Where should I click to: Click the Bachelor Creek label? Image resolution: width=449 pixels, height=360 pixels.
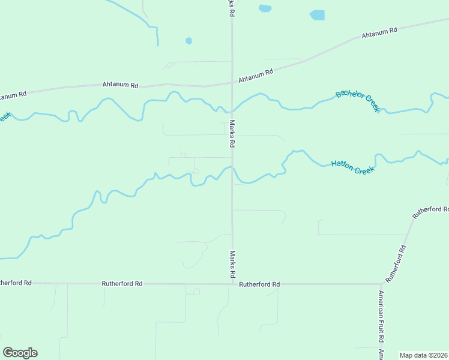(x=358, y=100)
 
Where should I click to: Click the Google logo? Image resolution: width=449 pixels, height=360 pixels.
(x=20, y=353)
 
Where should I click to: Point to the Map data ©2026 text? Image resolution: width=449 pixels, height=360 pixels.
(x=424, y=355)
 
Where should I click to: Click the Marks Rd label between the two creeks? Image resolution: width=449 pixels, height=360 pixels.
(x=232, y=134)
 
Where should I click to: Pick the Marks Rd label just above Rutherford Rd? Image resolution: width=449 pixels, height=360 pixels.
(x=232, y=264)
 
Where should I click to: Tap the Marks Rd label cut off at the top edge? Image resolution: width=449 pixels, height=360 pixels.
(x=231, y=8)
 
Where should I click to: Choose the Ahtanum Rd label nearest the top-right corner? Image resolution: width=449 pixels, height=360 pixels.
(x=379, y=33)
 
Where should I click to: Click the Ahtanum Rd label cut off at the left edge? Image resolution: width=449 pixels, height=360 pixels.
(x=13, y=95)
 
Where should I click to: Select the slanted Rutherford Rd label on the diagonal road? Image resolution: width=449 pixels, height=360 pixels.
(x=396, y=264)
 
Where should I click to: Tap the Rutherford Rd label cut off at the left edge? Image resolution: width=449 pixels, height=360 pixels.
(x=16, y=282)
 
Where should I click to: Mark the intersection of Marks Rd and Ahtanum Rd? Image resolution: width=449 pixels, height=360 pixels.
(x=232, y=82)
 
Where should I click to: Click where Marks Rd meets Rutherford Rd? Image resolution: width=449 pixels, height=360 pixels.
(x=232, y=284)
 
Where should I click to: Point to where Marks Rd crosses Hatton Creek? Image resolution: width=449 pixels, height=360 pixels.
(x=232, y=169)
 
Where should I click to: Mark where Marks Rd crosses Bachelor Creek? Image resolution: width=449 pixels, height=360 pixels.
(x=232, y=112)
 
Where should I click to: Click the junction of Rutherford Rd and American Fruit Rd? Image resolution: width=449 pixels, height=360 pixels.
(x=381, y=284)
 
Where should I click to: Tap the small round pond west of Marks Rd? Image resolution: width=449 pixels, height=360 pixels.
(x=188, y=41)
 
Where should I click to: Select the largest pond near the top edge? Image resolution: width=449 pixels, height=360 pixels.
(x=317, y=15)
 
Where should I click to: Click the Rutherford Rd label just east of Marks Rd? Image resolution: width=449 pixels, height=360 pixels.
(x=259, y=284)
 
